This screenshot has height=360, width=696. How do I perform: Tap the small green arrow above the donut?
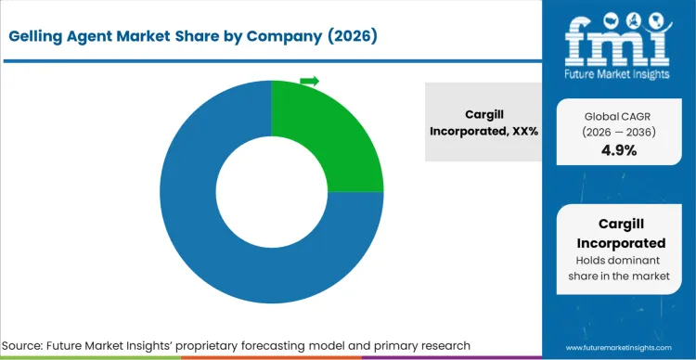pos(309,82)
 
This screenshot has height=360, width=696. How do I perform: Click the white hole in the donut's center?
pos(271,192)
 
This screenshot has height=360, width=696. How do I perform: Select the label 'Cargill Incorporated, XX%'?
pos(483,122)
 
